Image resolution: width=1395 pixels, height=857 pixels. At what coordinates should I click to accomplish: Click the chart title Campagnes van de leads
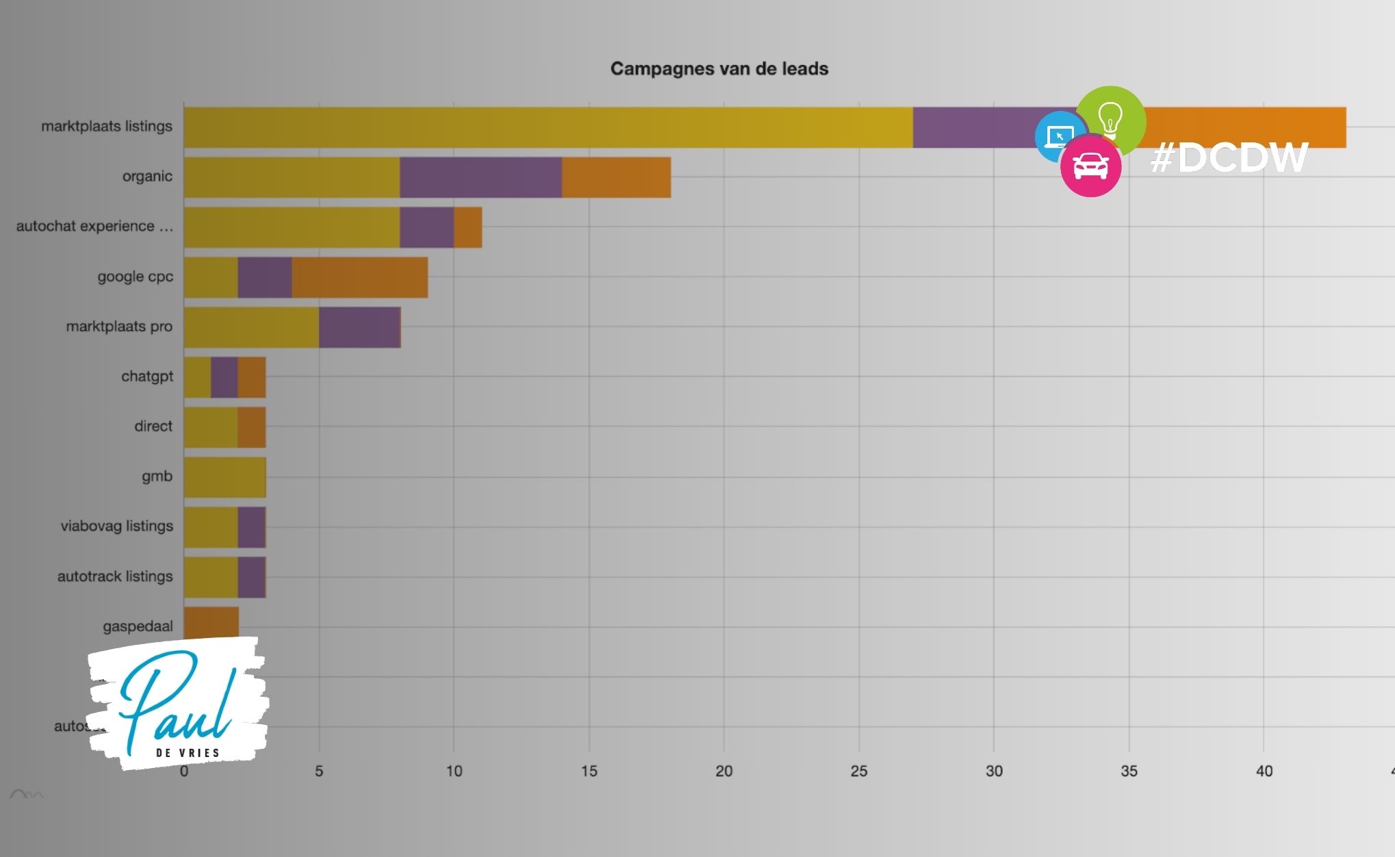(x=719, y=68)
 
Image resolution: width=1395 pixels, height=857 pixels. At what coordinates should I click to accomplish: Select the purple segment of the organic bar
(x=481, y=177)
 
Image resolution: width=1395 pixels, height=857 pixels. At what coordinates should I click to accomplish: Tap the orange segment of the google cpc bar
(x=359, y=277)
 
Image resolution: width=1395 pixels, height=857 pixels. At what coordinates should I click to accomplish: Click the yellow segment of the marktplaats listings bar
(x=548, y=127)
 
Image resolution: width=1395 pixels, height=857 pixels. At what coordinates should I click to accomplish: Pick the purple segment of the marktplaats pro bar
(x=359, y=327)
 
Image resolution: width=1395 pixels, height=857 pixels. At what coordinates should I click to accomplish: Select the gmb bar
(x=225, y=477)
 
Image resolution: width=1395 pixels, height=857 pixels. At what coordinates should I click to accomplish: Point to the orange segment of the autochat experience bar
(x=468, y=227)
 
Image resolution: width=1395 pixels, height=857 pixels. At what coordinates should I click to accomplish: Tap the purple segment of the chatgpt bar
(x=224, y=377)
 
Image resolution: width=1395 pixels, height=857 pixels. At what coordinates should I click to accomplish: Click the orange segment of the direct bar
(x=251, y=427)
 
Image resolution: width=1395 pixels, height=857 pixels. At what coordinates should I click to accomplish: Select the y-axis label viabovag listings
(x=116, y=526)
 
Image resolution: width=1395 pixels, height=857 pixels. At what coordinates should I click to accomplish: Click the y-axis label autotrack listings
(x=115, y=576)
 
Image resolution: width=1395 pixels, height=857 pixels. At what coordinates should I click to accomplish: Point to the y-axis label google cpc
(x=135, y=277)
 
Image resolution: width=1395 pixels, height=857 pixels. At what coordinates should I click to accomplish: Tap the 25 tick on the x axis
(x=858, y=771)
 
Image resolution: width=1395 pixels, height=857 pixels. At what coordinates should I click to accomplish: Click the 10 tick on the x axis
(x=454, y=771)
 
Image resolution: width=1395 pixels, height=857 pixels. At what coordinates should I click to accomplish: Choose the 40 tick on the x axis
(x=1264, y=771)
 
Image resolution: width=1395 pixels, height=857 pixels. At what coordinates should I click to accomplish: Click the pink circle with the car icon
(x=1090, y=166)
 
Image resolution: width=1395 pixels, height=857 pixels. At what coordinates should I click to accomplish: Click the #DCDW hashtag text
(x=1229, y=158)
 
